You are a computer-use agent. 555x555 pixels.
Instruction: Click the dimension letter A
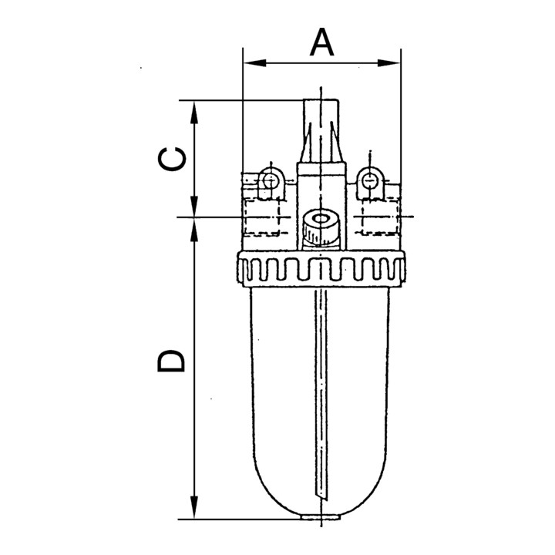321,42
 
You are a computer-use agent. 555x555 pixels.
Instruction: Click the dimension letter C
172,159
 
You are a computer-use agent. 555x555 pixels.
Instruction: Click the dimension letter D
171,361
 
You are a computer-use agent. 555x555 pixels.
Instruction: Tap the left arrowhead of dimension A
255,63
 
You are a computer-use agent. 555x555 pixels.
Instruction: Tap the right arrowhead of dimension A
388,63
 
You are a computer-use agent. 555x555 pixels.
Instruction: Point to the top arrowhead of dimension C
194,113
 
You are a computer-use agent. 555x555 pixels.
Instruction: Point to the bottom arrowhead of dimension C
194,205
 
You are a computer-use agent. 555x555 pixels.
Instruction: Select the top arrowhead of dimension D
194,230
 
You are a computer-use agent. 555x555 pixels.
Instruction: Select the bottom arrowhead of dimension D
194,507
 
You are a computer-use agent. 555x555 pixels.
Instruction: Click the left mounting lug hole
270,181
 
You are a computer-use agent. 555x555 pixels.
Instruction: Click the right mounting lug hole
369,181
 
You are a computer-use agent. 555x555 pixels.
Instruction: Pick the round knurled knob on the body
321,227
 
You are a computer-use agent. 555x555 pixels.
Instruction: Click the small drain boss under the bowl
321,516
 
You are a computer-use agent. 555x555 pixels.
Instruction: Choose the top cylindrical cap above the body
321,131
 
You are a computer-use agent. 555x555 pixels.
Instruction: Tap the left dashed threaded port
261,217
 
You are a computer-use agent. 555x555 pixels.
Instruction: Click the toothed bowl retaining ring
321,268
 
